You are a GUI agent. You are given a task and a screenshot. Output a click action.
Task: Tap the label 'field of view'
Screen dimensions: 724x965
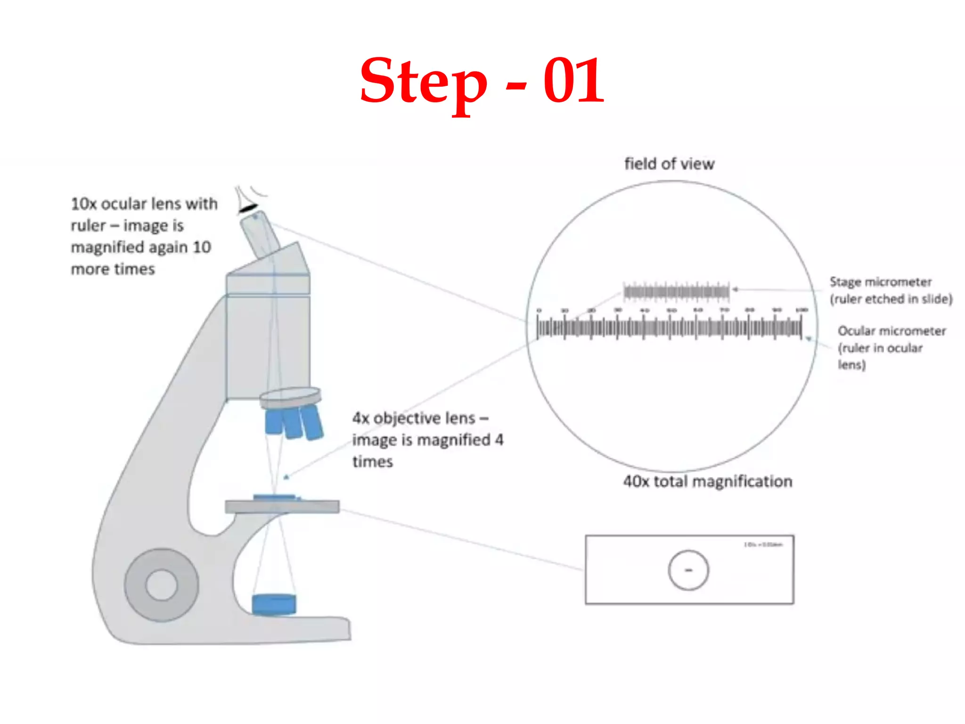(x=669, y=164)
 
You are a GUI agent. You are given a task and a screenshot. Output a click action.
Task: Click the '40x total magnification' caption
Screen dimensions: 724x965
(x=708, y=481)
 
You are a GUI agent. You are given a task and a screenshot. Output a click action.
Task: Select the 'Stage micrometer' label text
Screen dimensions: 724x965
(x=880, y=282)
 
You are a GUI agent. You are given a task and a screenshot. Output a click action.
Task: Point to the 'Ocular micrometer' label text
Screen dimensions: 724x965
(x=891, y=331)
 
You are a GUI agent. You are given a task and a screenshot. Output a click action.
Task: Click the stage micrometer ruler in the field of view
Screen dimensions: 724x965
(x=676, y=292)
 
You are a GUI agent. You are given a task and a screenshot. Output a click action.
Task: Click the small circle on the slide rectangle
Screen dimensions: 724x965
(x=688, y=570)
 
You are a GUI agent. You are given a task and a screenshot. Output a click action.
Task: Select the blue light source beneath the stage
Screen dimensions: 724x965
(x=274, y=604)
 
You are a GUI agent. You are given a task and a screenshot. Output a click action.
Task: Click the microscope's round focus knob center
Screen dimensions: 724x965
(x=162, y=584)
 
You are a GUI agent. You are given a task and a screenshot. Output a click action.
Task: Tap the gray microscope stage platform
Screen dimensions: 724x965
(x=282, y=507)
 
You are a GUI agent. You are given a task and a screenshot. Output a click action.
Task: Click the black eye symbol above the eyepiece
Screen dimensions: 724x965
(x=248, y=207)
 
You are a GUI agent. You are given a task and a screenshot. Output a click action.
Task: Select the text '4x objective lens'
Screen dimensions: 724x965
(x=414, y=418)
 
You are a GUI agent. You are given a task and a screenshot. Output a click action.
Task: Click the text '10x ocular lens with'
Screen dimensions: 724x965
(x=144, y=204)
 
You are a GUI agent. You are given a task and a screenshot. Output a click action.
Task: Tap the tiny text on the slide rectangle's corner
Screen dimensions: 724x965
(x=763, y=544)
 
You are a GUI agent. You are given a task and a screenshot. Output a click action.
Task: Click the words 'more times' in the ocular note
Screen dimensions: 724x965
(x=113, y=269)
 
